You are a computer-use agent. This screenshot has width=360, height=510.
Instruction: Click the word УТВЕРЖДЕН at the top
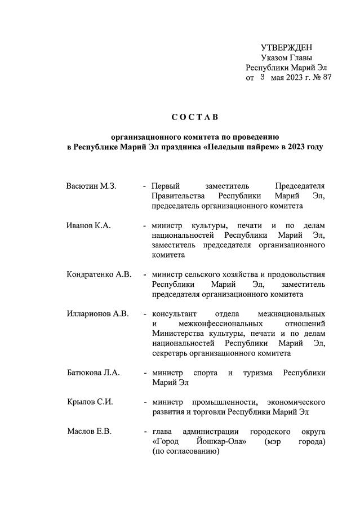coord(286,47)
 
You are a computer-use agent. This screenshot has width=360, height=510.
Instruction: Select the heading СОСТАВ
coord(194,117)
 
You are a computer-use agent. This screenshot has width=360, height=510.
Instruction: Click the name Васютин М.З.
coord(91,186)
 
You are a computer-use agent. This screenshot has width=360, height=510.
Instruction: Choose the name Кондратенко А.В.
coord(99,274)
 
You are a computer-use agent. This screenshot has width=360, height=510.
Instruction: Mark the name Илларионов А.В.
coord(97,313)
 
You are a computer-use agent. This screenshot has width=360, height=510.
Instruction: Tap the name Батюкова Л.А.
coord(93,372)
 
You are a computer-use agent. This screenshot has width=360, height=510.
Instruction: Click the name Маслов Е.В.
coord(89,432)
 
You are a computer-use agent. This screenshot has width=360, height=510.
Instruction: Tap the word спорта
coord(205,372)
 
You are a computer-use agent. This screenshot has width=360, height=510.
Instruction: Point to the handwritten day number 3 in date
coord(262,77)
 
